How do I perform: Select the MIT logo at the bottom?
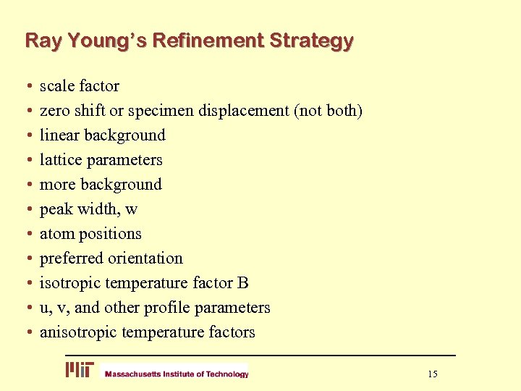[80, 370]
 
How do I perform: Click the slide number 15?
[432, 374]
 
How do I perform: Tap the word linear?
[60, 135]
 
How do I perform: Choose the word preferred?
[71, 258]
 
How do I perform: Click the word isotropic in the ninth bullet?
[71, 283]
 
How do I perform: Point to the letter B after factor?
[242, 283]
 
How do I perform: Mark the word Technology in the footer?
[227, 374]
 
